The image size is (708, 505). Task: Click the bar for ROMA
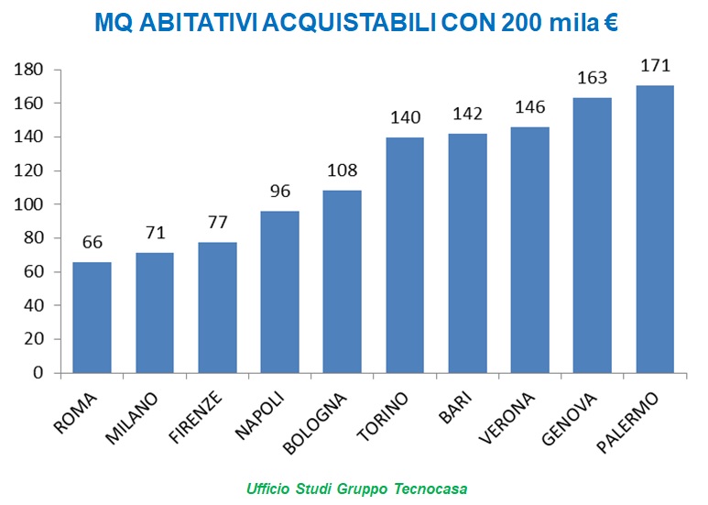pyautogui.click(x=92, y=317)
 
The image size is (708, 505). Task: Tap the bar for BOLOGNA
pyautogui.click(x=342, y=281)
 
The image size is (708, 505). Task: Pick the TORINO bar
pyautogui.click(x=405, y=255)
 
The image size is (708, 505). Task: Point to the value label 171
pyautogui.click(x=655, y=66)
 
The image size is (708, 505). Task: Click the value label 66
pyautogui.click(x=92, y=243)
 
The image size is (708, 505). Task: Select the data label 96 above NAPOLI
pyautogui.click(x=279, y=192)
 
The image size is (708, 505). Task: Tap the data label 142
pyautogui.click(x=467, y=115)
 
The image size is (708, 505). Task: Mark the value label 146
pyautogui.click(x=529, y=108)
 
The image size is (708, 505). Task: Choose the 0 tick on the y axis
pyautogui.click(x=39, y=373)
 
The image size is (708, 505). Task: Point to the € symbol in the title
pyautogui.click(x=610, y=23)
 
